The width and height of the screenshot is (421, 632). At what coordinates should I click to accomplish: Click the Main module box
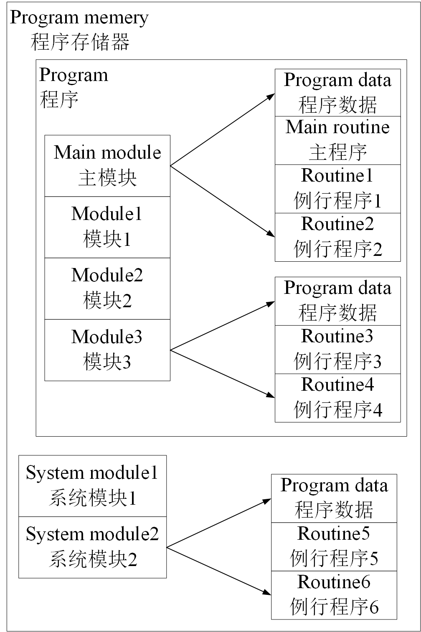107,166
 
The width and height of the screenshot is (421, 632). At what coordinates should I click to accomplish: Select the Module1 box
107,227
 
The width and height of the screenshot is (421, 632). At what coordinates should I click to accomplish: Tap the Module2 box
107,288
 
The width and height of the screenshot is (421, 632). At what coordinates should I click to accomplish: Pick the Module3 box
107,350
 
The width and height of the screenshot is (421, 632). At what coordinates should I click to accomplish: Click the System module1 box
92,486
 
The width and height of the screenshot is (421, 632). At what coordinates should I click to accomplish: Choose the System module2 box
92,547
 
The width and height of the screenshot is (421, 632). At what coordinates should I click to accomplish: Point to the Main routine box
337,140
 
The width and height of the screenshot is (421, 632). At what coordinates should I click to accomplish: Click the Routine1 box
337,189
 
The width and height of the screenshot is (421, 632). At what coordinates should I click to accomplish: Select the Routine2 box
337,237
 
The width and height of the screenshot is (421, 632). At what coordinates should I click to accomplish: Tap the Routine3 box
337,349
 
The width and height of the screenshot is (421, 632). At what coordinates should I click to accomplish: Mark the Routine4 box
337,398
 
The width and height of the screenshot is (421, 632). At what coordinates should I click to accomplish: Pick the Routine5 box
334,546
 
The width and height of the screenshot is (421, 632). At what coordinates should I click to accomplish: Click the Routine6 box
334,595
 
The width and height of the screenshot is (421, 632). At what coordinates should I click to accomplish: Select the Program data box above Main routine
337,93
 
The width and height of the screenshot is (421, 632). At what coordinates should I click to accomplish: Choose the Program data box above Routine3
337,301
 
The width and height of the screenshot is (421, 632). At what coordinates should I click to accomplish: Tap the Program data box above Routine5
334,498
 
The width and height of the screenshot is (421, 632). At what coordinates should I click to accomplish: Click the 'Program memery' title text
79,18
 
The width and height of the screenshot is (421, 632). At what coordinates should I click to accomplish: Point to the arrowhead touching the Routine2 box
271,234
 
